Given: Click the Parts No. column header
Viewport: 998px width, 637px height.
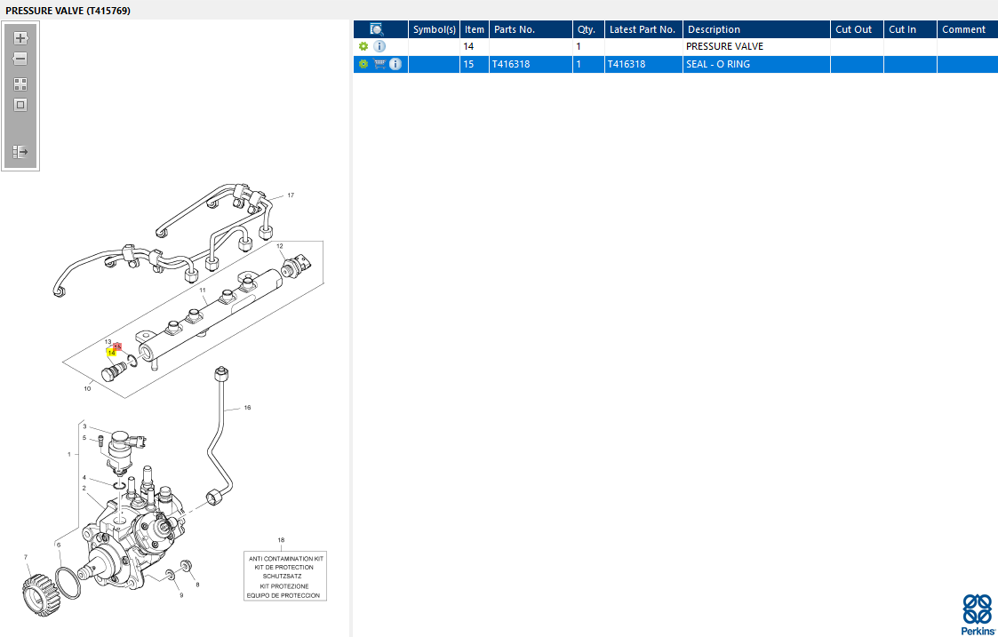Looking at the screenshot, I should tap(515, 29).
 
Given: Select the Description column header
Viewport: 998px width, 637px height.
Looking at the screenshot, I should tap(714, 29).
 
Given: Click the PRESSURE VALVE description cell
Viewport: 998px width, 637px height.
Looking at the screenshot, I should tap(724, 46).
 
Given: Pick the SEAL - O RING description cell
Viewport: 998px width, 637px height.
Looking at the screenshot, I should tap(717, 64).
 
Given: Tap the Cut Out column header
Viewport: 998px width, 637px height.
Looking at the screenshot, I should tap(853, 29).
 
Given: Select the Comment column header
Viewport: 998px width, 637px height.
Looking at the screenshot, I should tap(963, 29).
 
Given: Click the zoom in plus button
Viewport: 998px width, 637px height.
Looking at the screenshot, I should tap(20, 38).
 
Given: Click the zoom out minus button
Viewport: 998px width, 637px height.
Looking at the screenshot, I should tap(20, 59).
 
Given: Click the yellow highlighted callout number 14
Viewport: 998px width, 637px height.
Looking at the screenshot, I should tap(111, 353).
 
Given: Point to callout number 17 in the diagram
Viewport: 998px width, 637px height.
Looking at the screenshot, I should tap(290, 195).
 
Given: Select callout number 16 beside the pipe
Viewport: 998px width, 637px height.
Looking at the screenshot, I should tap(247, 408).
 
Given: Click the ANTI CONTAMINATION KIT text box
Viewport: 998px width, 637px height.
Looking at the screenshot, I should tap(285, 577).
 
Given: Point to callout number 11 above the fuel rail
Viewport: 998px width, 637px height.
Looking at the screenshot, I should tap(203, 291).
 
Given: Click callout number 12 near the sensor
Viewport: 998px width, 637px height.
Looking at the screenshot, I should tap(279, 246).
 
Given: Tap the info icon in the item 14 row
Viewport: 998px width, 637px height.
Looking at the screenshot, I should tap(379, 46).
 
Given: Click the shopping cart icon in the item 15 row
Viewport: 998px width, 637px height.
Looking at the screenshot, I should tap(379, 64).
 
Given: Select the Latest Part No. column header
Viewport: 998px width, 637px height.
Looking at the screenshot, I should tap(642, 29).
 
